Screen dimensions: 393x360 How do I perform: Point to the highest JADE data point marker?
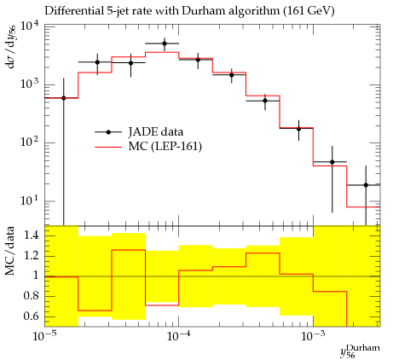165,44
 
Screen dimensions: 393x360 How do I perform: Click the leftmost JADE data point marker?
64,98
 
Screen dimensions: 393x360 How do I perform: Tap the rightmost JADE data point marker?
366,185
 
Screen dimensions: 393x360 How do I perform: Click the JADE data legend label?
156,132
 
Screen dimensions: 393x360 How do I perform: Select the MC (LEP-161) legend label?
165,147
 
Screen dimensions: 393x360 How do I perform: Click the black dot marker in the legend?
108,132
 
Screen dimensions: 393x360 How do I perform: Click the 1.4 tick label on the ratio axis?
31,235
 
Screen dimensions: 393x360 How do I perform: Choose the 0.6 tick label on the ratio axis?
31,316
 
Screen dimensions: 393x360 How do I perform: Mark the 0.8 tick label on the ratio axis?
31,296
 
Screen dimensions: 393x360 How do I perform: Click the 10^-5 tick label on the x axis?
44,336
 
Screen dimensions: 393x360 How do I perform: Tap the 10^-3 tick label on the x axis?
313,336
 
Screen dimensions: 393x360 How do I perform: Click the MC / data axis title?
10,251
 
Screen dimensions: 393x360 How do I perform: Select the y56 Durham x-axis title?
360,351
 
